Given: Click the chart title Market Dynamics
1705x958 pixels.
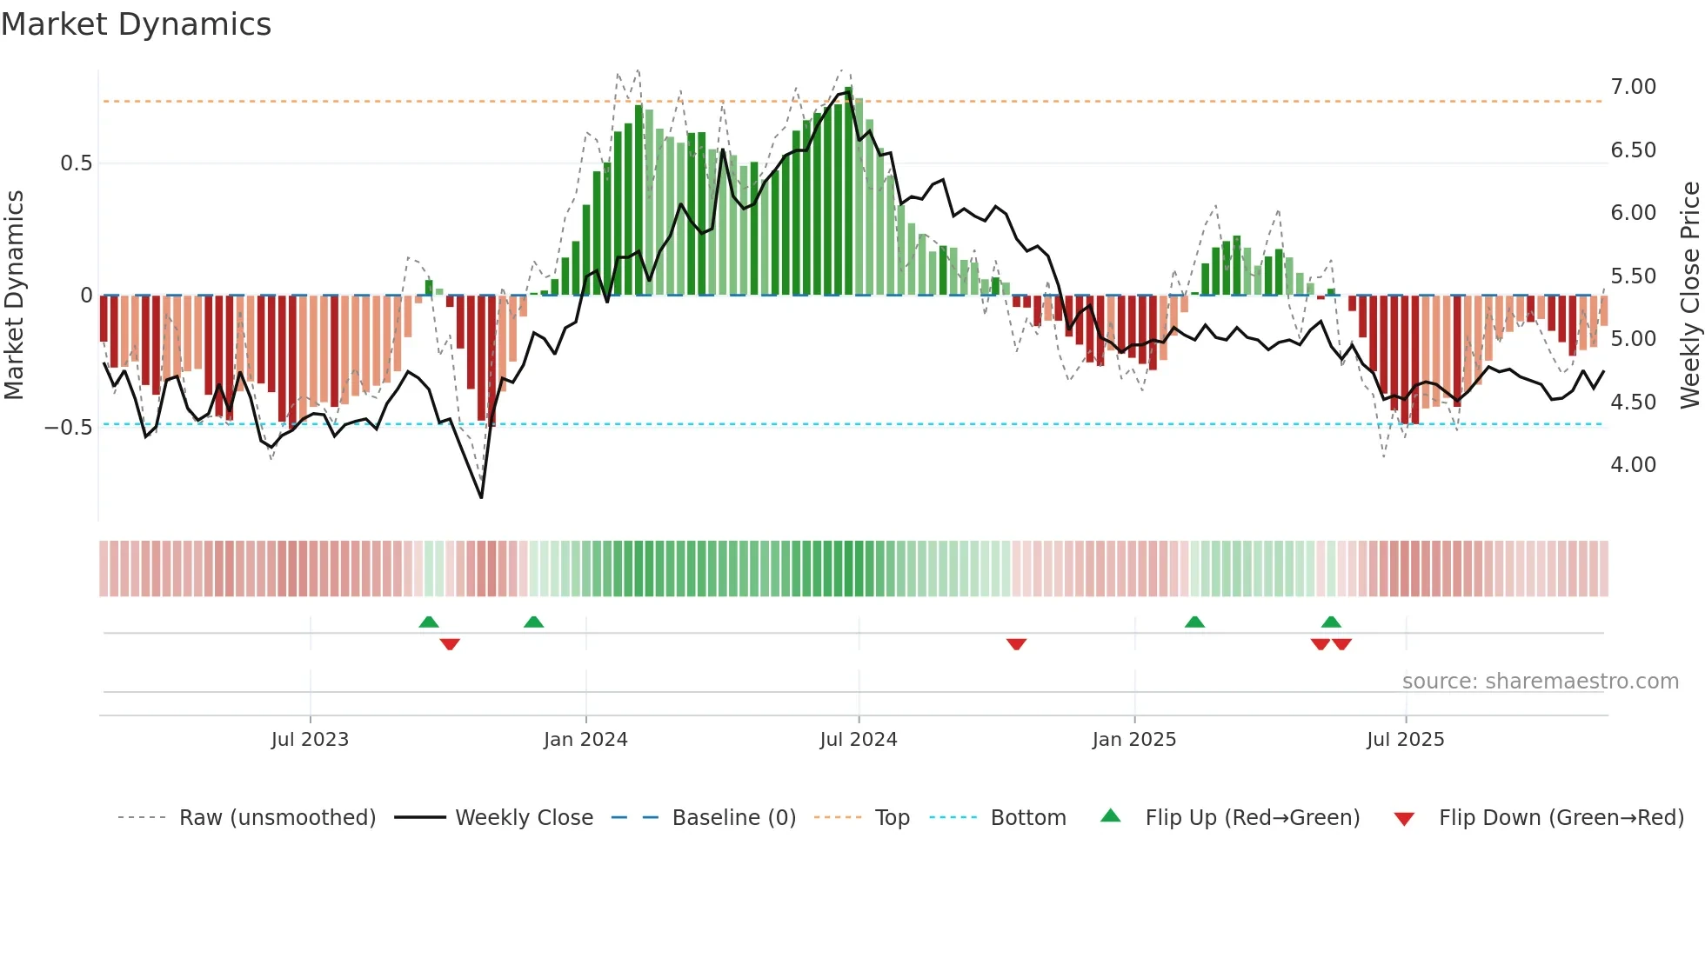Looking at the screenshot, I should pyautogui.click(x=136, y=24).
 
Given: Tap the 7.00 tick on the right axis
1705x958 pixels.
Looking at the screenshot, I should pyautogui.click(x=1633, y=87).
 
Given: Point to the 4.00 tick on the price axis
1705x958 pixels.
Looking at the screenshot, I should pyautogui.click(x=1633, y=465).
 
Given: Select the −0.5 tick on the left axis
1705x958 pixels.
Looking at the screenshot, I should pyautogui.click(x=68, y=427).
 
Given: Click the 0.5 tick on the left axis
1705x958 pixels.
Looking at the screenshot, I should pyautogui.click(x=76, y=163).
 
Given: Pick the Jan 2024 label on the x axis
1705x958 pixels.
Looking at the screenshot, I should pyautogui.click(x=585, y=740).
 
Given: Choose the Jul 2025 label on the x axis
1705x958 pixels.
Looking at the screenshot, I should pyautogui.click(x=1405, y=740).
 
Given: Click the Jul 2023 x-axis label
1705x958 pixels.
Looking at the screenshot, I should pyautogui.click(x=310, y=740).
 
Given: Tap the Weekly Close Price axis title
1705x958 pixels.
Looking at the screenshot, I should pyautogui.click(x=1689, y=295).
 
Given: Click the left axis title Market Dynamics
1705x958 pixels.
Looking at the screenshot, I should pyautogui.click(x=15, y=295).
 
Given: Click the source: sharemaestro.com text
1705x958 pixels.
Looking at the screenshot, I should pyautogui.click(x=1540, y=682).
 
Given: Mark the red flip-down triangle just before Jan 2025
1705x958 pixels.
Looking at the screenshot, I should pyautogui.click(x=1016, y=644).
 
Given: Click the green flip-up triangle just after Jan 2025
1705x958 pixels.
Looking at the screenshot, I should pyautogui.click(x=1194, y=622).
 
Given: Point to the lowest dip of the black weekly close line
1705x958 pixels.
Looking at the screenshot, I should pyautogui.click(x=481, y=497).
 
